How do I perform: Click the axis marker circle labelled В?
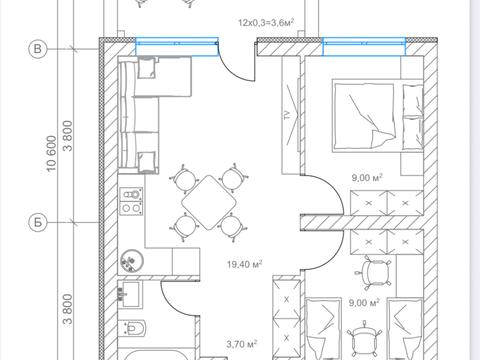click(38, 49)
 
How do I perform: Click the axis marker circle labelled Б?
click(38, 222)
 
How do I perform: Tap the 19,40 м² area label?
click(244, 264)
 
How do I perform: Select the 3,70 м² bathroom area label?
click(242, 344)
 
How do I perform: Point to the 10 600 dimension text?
click(51, 154)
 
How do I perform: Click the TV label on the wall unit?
click(287, 115)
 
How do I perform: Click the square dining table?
click(209, 203)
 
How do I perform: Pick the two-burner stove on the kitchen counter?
click(131, 201)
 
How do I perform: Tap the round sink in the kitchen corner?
click(132, 261)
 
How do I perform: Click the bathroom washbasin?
click(129, 293)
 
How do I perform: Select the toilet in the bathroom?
click(132, 328)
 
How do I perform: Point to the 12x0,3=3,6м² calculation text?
click(266, 22)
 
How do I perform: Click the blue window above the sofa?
click(177, 46)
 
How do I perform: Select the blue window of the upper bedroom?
click(364, 46)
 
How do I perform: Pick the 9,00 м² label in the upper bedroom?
click(367, 177)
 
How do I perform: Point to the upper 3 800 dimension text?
click(68, 136)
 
